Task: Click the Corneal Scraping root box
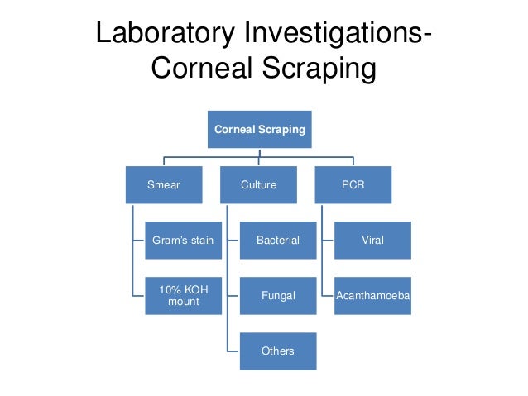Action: pos(259,130)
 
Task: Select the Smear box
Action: pos(163,185)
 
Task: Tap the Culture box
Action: pos(259,185)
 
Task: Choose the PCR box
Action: pos(353,185)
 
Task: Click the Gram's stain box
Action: pos(183,241)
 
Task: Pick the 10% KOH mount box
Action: pos(183,296)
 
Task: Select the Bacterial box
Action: pos(278,241)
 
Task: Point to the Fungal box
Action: pos(278,296)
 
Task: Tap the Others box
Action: pos(278,351)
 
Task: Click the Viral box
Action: pos(372,241)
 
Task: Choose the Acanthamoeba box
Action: pos(372,296)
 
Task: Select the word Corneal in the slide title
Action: pos(198,69)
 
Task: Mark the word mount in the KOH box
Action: pos(183,303)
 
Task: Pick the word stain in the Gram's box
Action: pos(201,241)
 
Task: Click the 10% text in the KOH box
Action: pos(169,290)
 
